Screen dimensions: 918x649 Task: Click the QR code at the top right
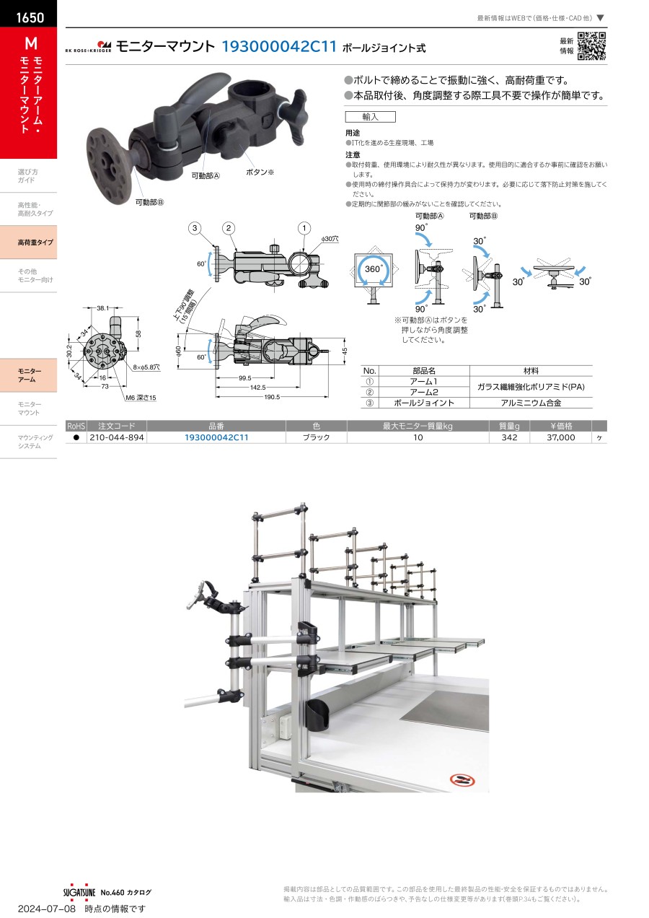coord(591,46)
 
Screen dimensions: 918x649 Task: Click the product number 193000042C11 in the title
coord(279,47)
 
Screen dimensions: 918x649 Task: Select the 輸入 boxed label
coord(370,116)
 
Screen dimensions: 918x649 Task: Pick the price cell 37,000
coord(562,437)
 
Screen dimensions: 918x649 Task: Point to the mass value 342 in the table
coord(509,437)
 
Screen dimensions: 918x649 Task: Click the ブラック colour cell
coord(316,437)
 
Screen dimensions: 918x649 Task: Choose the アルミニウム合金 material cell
coord(531,403)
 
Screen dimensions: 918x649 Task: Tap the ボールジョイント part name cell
coord(424,403)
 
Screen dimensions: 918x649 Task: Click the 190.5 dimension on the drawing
coord(272,396)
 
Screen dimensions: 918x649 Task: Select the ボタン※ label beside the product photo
coord(260,172)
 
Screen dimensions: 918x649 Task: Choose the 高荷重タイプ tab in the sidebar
coord(28,242)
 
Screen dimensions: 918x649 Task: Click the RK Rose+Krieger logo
coord(89,47)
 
